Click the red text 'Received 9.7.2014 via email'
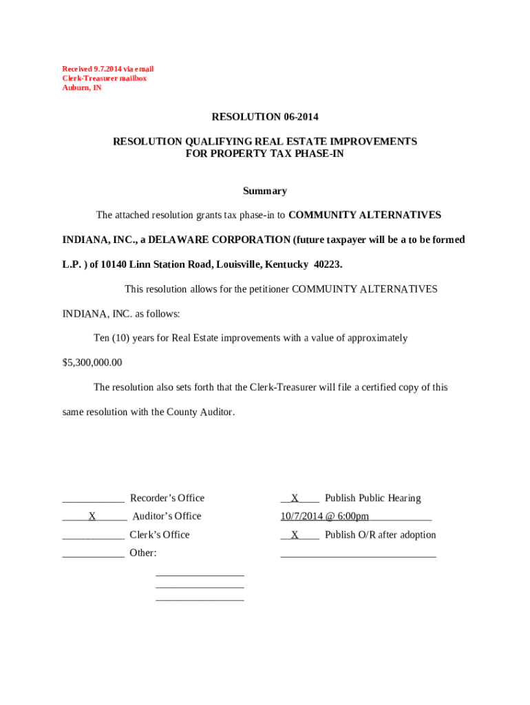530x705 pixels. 107,69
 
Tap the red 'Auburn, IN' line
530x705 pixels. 81,88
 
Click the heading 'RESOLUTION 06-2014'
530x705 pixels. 264,117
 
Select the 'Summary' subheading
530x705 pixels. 264,191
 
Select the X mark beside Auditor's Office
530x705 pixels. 92,516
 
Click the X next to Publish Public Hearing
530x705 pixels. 295,498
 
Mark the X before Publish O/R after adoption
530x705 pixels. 295,535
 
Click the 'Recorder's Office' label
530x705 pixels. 167,498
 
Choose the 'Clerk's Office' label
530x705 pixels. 159,535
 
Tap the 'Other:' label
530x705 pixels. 142,553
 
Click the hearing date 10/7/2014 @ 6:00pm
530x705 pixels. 324,516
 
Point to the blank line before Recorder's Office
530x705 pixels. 93,500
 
